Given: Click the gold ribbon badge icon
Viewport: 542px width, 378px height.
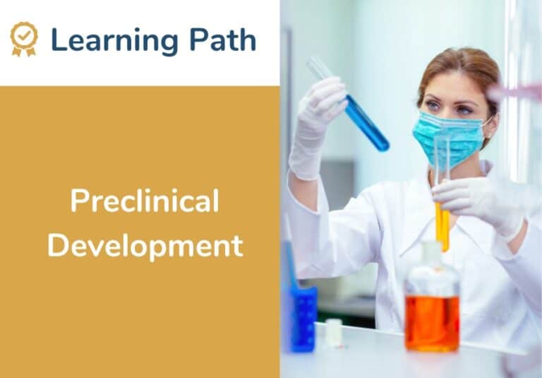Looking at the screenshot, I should [24, 39].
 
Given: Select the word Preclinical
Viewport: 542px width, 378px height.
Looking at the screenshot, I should [145, 202].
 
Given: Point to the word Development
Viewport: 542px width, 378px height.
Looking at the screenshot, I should [145, 247].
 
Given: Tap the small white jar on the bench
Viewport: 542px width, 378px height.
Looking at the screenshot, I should [333, 333].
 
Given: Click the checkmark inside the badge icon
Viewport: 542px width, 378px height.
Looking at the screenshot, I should [24, 34].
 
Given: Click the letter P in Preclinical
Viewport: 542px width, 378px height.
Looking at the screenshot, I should [77, 203].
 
